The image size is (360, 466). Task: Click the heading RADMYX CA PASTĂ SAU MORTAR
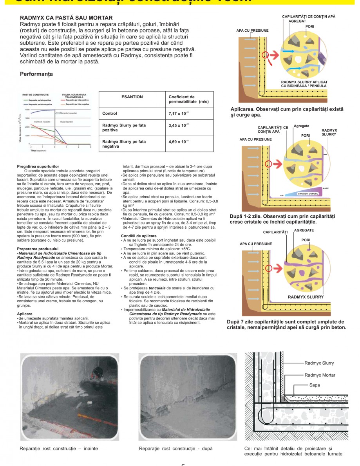pyautogui.click(x=66, y=18)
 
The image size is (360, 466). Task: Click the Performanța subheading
pyautogui.click(x=36, y=74)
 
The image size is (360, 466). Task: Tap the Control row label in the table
pyautogui.click(x=110, y=114)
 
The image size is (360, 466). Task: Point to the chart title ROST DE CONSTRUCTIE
pyautogui.click(x=36, y=95)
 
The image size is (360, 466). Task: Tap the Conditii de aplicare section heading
pyautogui.click(x=139, y=236)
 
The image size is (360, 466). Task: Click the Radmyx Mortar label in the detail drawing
pyautogui.click(x=320, y=375)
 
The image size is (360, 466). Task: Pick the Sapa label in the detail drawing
pyautogui.click(x=315, y=385)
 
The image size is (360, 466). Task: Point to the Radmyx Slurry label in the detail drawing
pyautogui.click(x=319, y=363)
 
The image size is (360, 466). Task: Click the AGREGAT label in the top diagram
pyautogui.click(x=297, y=20)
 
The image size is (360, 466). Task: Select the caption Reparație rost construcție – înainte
pyautogui.click(x=59, y=448)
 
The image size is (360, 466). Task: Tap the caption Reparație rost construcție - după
pyautogui.click(x=176, y=448)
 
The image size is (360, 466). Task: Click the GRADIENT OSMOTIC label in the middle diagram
pyautogui.click(x=308, y=194)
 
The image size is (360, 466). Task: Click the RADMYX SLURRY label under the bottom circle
pyautogui.click(x=306, y=297)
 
